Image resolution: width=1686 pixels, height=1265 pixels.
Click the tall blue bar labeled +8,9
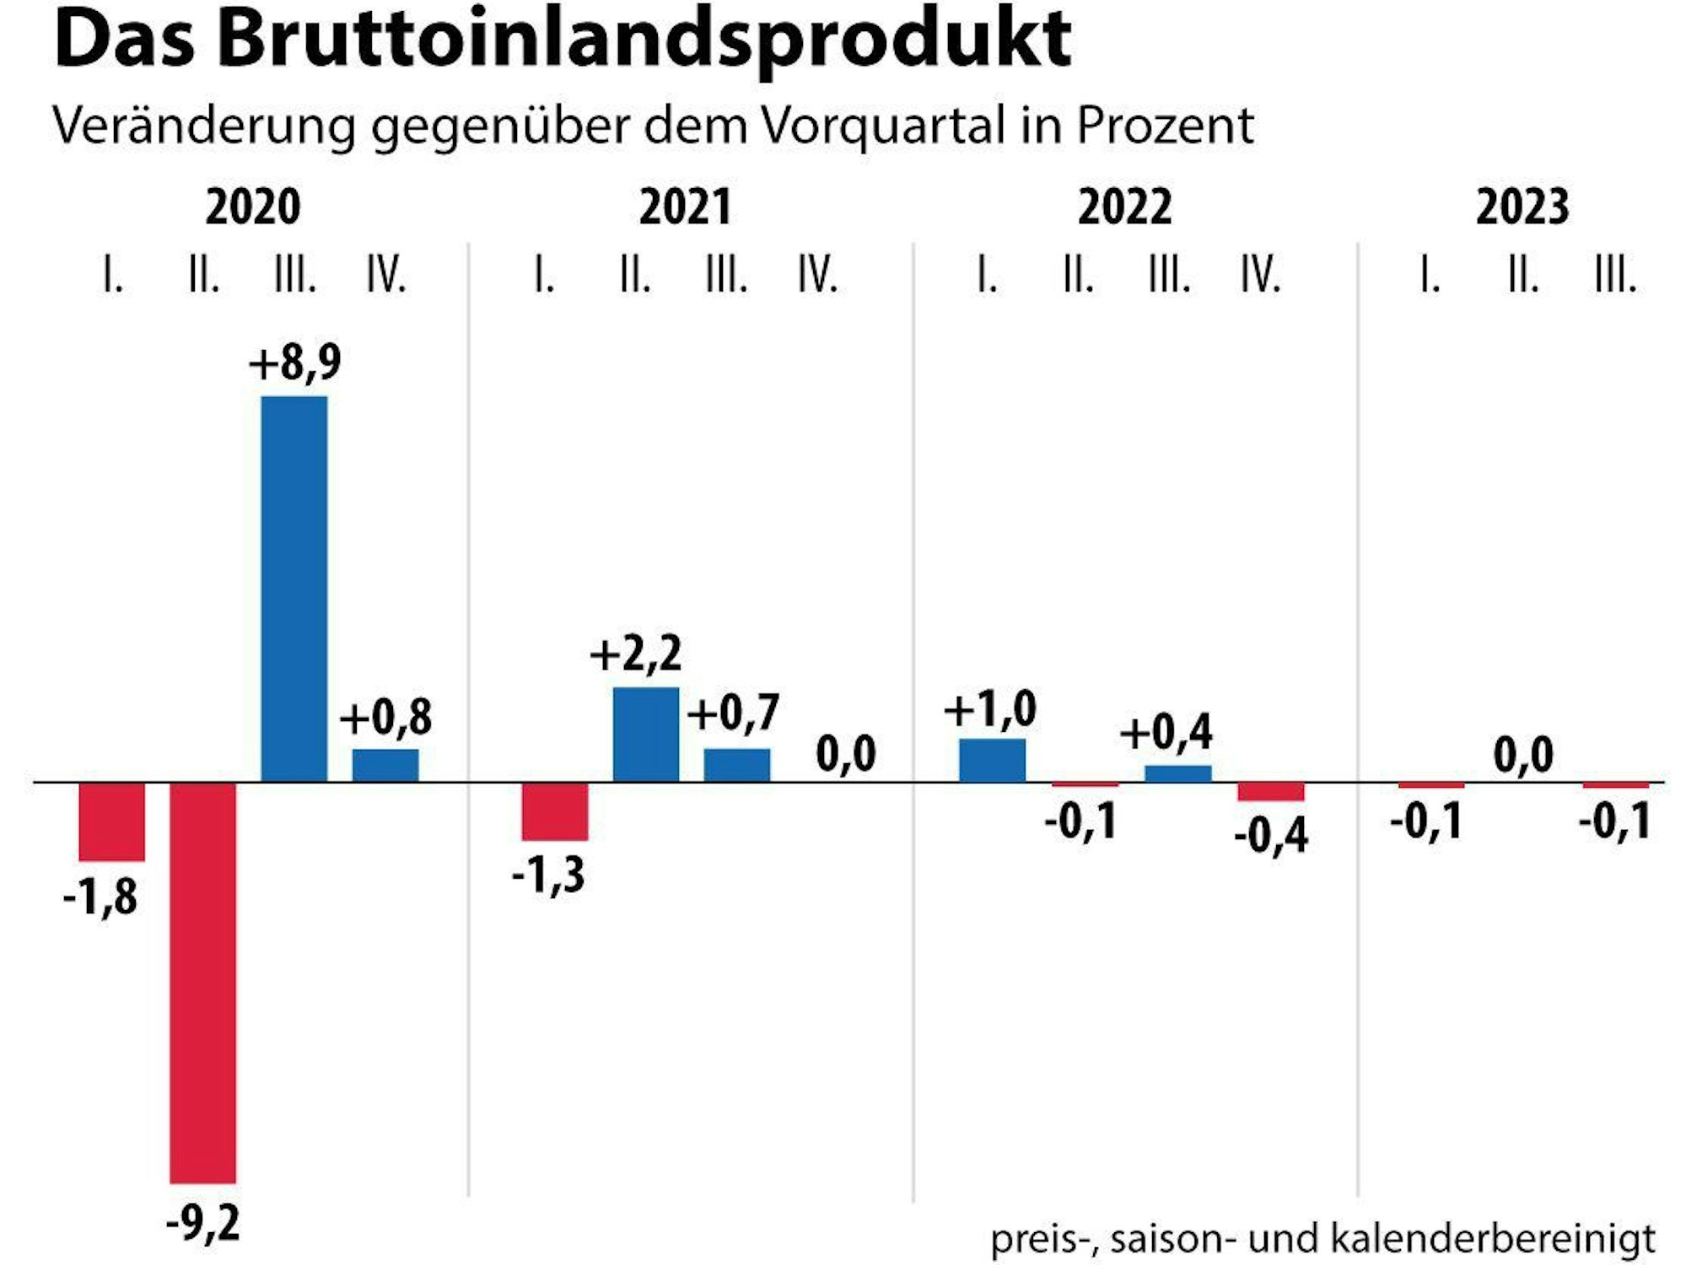coord(294,589)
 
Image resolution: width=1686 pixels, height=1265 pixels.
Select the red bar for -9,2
coord(202,982)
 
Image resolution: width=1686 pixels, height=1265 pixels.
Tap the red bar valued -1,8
coord(111,822)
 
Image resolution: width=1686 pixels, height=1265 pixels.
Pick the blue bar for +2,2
coord(645,735)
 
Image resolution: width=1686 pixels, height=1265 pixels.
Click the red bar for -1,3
coord(554,811)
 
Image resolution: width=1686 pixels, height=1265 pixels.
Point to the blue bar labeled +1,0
coord(992,761)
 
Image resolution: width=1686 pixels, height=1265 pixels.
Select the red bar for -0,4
coord(1270,792)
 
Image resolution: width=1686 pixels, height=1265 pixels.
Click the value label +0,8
coord(385,718)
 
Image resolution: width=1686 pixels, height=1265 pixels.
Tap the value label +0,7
coord(732,713)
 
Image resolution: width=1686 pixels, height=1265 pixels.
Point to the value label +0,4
coord(1166,732)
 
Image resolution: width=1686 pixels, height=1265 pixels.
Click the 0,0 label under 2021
coord(846,753)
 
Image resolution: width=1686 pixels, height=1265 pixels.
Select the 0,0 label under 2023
coord(1522,755)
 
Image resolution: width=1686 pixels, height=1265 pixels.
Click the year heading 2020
coord(252,207)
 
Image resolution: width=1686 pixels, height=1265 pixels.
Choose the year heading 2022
coord(1124,207)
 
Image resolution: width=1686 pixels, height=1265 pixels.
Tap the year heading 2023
coord(1522,207)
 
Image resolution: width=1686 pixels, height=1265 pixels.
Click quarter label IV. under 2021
coord(817,275)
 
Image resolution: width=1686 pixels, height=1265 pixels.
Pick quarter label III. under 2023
coord(1614,275)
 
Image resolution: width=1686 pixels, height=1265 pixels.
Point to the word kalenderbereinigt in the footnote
coord(1493,1239)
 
